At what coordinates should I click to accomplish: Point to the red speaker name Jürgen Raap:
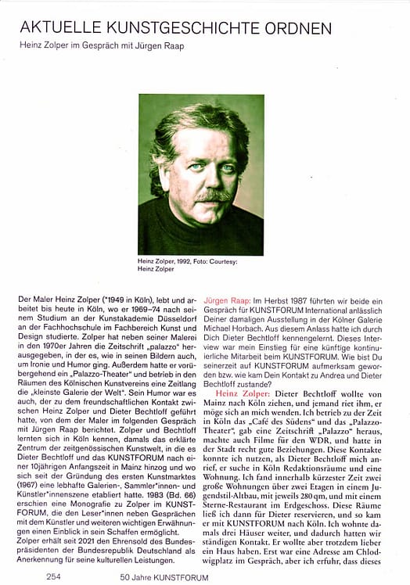tap(227, 300)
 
